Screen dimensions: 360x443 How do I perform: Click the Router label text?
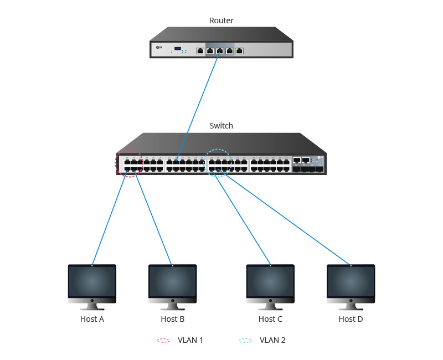pyautogui.click(x=221, y=20)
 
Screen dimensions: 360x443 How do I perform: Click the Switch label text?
pyautogui.click(x=221, y=126)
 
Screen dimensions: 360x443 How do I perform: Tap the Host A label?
pyautogui.click(x=92, y=319)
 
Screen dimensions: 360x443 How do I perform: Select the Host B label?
pyautogui.click(x=172, y=319)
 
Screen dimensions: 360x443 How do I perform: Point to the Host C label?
pyautogui.click(x=270, y=319)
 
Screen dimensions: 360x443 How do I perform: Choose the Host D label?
pyautogui.click(x=351, y=319)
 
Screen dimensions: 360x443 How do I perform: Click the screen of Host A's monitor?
pyautogui.click(x=92, y=282)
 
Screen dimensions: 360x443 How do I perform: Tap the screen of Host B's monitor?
pyautogui.click(x=172, y=282)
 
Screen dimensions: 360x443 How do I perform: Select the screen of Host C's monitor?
pyautogui.click(x=270, y=282)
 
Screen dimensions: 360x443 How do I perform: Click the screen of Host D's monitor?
pyautogui.click(x=351, y=282)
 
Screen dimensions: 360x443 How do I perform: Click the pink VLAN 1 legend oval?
pyautogui.click(x=163, y=340)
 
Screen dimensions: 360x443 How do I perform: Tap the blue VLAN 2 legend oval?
pyautogui.click(x=245, y=340)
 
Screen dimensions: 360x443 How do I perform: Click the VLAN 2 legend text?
pyautogui.click(x=272, y=340)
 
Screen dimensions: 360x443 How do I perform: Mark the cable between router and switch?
pyautogui.click(x=198, y=105)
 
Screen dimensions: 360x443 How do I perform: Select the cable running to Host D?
pyautogui.click(x=288, y=219)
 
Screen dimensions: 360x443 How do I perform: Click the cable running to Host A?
pyautogui.click(x=110, y=219)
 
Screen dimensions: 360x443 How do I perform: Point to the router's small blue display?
pyautogui.click(x=178, y=49)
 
